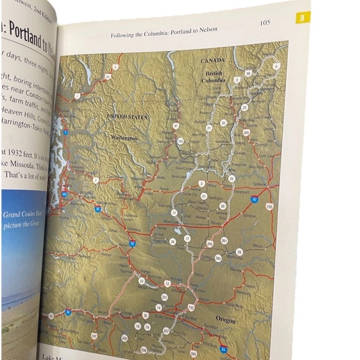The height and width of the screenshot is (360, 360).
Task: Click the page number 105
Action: tap(264, 23)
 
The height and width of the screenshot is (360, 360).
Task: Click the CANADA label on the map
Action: tap(212, 61)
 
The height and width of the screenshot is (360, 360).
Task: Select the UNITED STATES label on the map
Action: tap(128, 117)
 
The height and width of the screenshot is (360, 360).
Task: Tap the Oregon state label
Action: tap(226, 320)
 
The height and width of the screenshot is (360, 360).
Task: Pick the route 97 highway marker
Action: tap(176, 126)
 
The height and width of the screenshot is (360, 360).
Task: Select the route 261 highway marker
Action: tap(224, 240)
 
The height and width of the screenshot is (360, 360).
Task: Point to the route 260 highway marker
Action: tap(218, 258)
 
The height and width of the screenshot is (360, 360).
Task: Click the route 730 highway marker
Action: tap(191, 307)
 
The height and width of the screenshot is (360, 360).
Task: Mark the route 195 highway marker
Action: tap(269, 206)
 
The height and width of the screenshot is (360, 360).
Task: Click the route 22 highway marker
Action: tap(142, 281)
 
